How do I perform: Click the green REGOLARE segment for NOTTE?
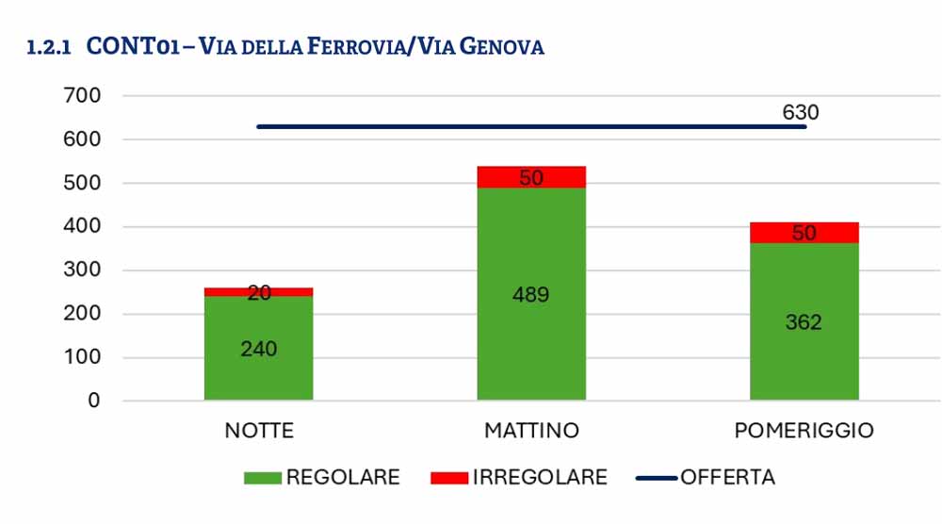coord(258,348)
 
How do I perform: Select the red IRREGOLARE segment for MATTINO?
coord(531,177)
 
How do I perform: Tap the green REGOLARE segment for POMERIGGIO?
coord(804,321)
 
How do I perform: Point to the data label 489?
coord(530,294)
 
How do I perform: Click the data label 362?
coord(804,322)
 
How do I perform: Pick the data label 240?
coord(259,349)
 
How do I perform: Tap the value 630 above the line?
coord(800,112)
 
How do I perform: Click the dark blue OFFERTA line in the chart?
coord(531,127)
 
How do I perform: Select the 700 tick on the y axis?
coord(82,95)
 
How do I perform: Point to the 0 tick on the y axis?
coord(93,401)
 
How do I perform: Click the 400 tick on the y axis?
coord(82,226)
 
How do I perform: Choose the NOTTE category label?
coord(259,431)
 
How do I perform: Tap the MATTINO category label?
coord(531,431)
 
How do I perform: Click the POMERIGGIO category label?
coord(804,431)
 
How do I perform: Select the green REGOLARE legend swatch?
coord(263,478)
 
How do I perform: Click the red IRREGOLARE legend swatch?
coord(449,478)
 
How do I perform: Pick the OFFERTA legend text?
coord(727,477)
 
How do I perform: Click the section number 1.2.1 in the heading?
coord(49,47)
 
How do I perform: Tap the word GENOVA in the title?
coord(502,47)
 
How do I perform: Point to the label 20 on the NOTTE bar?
coord(259,293)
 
